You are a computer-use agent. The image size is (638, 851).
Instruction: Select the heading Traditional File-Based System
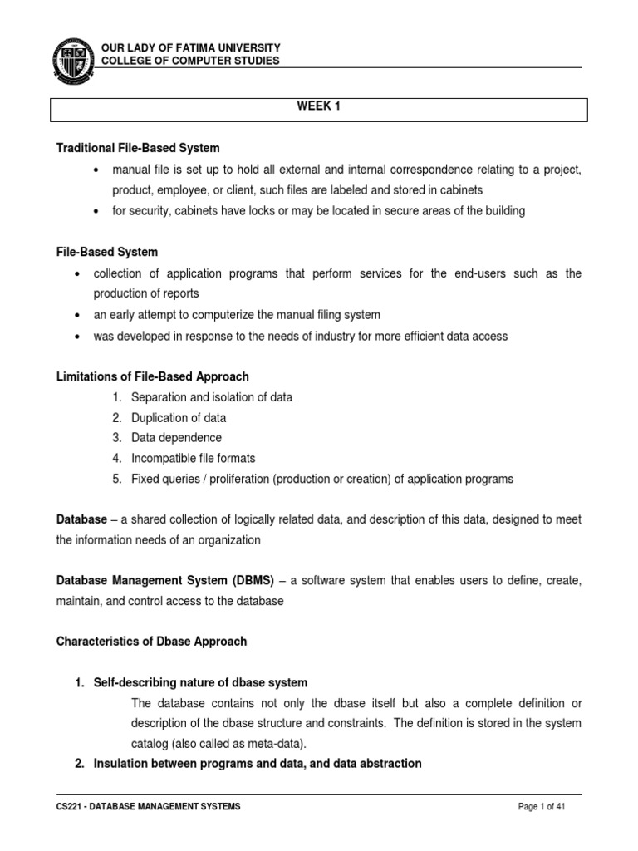pyautogui.click(x=137, y=148)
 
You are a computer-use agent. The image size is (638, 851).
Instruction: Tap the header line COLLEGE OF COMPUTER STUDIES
pyautogui.click(x=190, y=61)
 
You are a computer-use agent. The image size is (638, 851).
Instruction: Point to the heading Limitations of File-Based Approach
pyautogui.click(x=152, y=376)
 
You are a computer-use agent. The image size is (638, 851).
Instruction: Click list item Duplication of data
pyautogui.click(x=178, y=417)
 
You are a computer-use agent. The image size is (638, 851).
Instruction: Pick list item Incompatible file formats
pyautogui.click(x=193, y=458)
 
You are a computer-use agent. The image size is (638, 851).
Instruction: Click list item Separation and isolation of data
pyautogui.click(x=211, y=397)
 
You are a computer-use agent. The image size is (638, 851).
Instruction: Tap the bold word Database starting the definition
pyautogui.click(x=81, y=519)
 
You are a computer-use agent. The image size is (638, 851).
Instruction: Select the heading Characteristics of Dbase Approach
pyautogui.click(x=151, y=642)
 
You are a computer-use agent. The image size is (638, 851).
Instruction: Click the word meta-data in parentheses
pyautogui.click(x=265, y=743)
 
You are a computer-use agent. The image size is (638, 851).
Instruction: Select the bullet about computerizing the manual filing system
pyautogui.click(x=248, y=315)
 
